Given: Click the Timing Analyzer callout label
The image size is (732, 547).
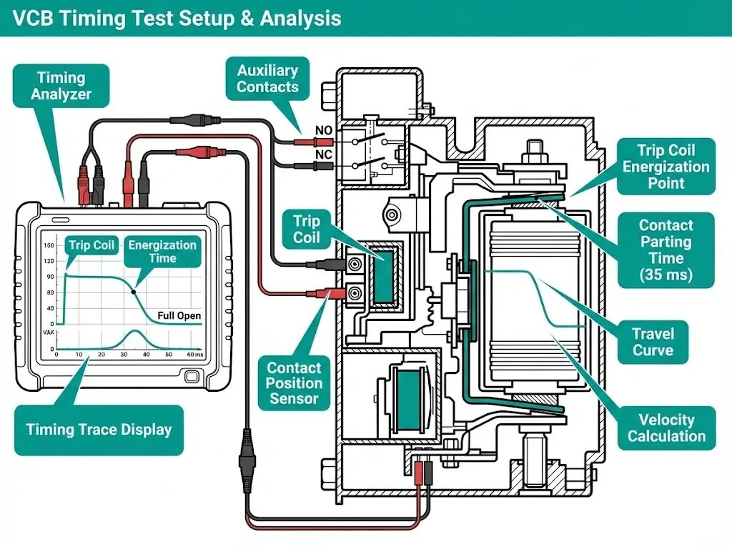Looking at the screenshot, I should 61,86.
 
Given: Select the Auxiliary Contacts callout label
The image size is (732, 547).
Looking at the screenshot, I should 267,79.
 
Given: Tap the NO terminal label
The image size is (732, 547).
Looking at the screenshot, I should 322,132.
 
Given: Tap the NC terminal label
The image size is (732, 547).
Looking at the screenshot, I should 322,154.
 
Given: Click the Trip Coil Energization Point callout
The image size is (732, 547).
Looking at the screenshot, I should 666,167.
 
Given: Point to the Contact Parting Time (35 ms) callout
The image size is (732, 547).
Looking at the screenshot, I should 666,250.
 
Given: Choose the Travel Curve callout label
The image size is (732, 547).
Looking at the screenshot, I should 653,341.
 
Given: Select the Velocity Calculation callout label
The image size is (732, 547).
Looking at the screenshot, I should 666,427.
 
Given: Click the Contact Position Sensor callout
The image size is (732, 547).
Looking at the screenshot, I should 294,383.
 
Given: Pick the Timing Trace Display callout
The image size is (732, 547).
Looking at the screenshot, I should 99,430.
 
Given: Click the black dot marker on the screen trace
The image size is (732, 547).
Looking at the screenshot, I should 134,291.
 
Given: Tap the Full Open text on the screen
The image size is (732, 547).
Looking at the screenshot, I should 179,315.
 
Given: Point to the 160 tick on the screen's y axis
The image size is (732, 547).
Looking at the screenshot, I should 49,245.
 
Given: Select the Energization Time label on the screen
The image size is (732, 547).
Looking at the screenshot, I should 162,252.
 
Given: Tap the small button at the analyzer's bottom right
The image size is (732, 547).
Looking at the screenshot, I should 192,375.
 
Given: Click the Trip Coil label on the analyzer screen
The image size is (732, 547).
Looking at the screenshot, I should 91,245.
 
